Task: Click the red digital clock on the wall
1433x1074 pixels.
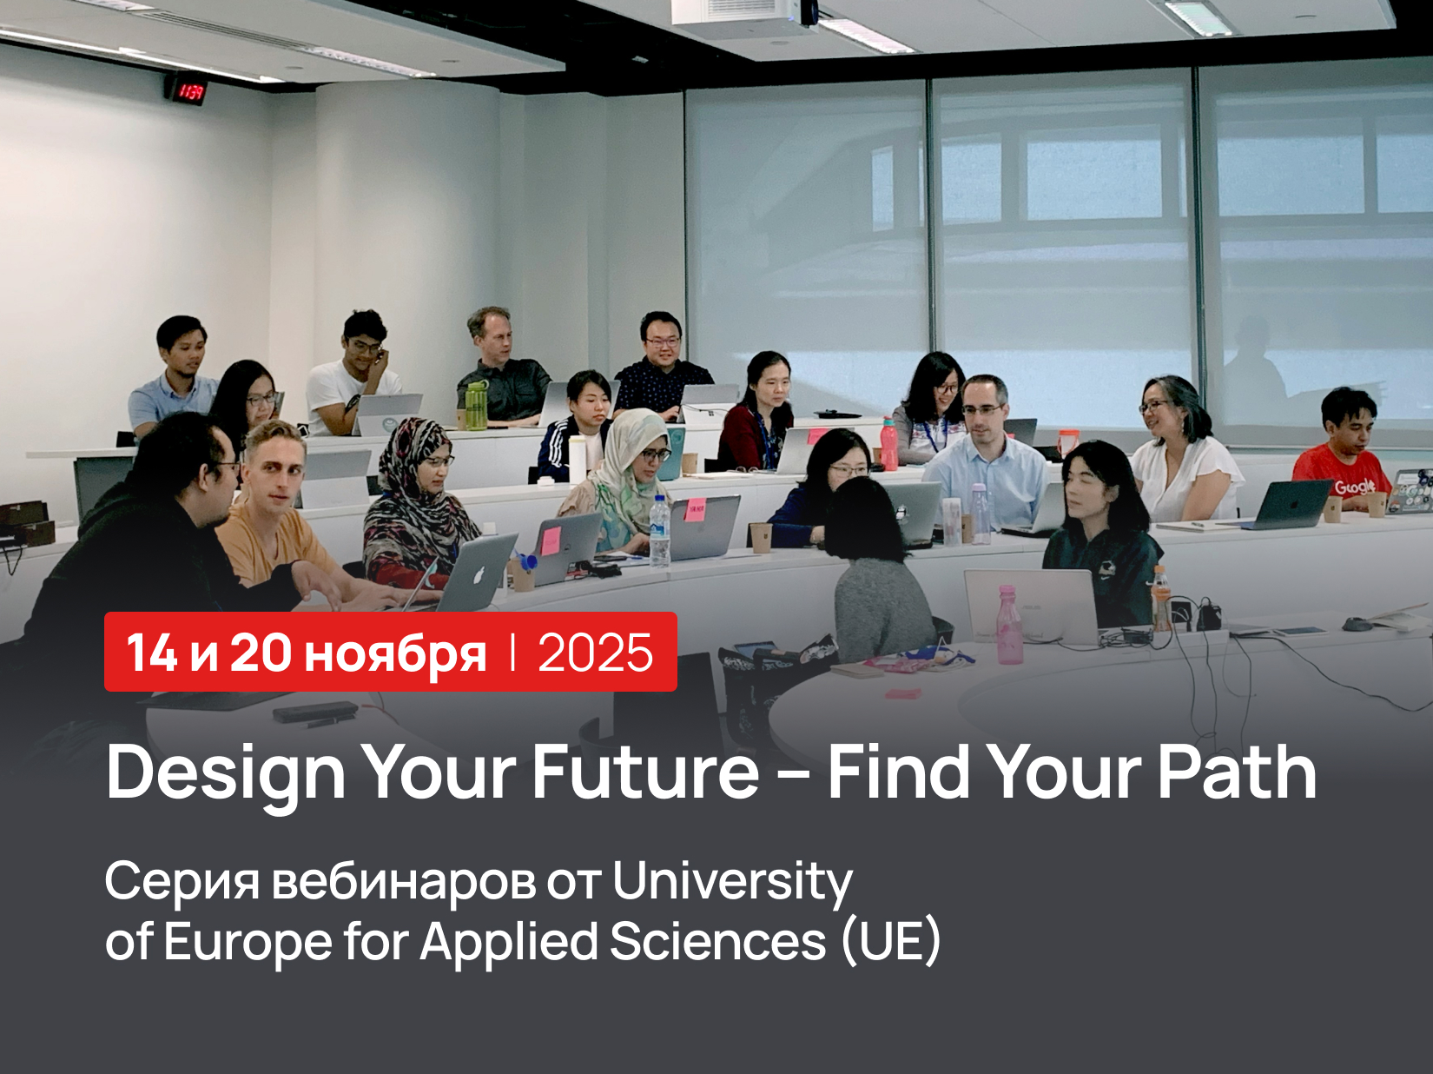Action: pos(186,90)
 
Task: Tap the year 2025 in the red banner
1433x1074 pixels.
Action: pos(595,653)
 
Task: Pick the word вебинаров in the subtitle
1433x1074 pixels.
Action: pos(403,881)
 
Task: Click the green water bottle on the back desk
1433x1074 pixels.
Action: pos(475,405)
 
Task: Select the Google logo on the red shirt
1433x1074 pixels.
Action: pos(1354,487)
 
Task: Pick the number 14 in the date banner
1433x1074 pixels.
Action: pos(151,653)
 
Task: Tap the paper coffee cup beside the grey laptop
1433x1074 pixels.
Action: pos(761,537)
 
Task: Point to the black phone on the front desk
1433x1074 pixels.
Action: pos(314,711)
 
